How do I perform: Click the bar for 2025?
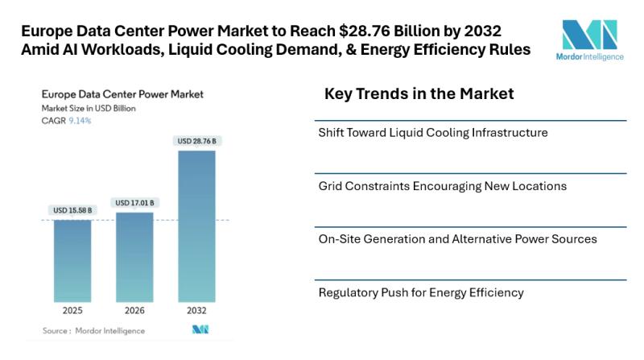pos(72,260)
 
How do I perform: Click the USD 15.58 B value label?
pos(72,211)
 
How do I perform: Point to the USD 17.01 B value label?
pos(134,203)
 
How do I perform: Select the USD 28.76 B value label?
pos(196,141)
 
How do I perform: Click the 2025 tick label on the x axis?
pos(72,310)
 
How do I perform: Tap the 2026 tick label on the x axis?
pos(134,310)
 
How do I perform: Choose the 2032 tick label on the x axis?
pos(196,310)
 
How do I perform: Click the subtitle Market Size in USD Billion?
pos(88,108)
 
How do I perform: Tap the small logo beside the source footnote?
pos(200,330)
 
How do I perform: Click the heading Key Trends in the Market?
pos(419,94)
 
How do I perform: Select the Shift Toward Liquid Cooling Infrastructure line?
pos(433,132)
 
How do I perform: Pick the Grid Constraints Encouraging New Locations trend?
pos(443,186)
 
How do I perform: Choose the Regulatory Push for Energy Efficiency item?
pos(421,292)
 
